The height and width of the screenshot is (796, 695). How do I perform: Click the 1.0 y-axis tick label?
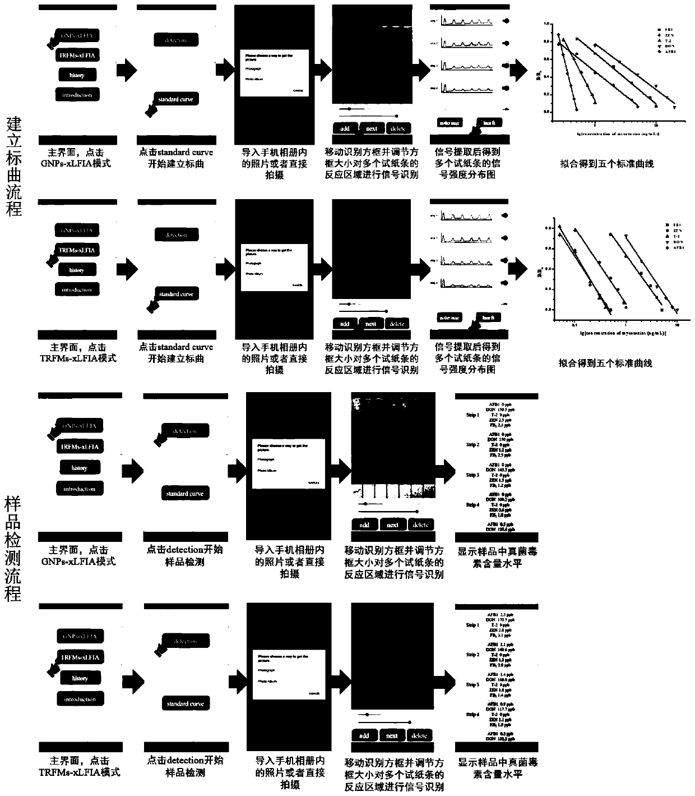click(x=545, y=25)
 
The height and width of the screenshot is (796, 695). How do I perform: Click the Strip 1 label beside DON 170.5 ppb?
click(x=472, y=625)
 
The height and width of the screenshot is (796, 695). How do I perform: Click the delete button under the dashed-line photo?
click(x=397, y=128)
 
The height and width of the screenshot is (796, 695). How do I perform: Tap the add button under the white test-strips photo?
click(x=364, y=525)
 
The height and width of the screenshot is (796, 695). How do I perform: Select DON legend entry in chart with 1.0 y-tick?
click(x=670, y=46)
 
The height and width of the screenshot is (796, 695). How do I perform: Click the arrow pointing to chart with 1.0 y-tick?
click(x=518, y=70)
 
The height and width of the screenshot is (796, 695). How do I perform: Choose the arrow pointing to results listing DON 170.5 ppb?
click(x=443, y=680)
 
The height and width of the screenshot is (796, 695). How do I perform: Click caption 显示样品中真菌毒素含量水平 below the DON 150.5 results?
click(x=497, y=558)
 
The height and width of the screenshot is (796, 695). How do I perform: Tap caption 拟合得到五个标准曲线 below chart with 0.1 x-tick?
click(x=606, y=363)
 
